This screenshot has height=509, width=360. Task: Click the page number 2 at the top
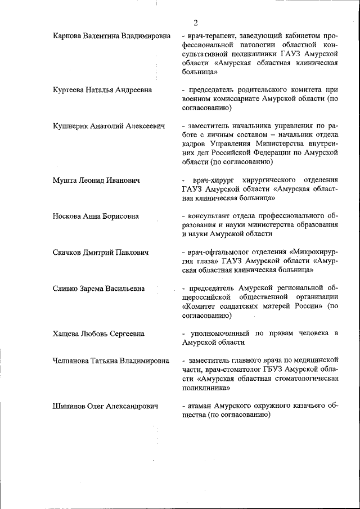click(195, 23)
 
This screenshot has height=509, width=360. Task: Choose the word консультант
click(210, 217)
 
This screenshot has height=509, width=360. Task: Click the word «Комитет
click(200, 307)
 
